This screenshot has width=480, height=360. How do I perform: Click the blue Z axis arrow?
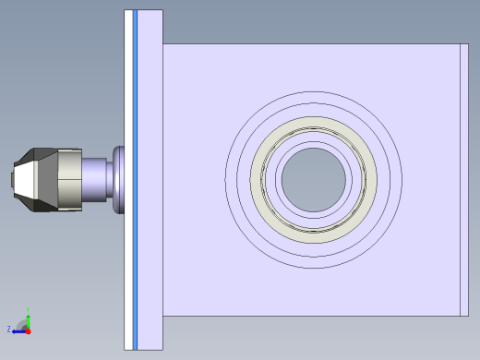coord(18,330)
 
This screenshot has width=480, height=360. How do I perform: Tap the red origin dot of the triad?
coord(29,330)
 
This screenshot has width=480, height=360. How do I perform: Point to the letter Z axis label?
coord(9,329)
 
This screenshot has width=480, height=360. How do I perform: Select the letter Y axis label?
coord(29,309)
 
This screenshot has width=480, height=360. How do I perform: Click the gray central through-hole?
coord(314,178)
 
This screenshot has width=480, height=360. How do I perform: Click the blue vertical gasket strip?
coord(135,180)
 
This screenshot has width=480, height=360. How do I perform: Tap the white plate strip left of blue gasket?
coord(128,180)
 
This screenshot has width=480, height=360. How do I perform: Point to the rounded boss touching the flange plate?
coord(117,179)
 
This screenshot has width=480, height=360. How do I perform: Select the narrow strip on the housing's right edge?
coord(463,180)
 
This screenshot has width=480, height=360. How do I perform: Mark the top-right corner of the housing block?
coord(466,44)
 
